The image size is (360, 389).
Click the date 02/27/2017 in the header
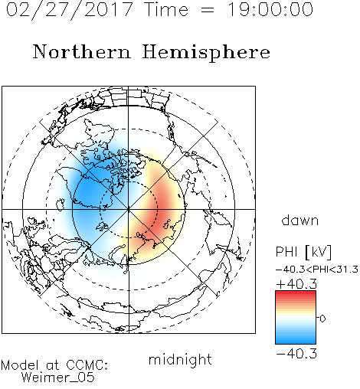(70, 10)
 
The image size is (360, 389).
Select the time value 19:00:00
(270, 9)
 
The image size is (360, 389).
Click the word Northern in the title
(81, 51)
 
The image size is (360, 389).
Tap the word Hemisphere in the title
(206, 53)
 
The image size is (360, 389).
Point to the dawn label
(300, 220)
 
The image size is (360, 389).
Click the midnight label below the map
(180, 359)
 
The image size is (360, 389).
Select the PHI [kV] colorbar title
(303, 252)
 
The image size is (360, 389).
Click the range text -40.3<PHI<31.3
(317, 270)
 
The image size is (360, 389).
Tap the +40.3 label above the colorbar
(296, 284)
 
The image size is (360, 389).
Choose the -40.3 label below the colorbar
(296, 354)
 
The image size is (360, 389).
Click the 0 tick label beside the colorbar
(322, 319)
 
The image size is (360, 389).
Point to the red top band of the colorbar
(296, 294)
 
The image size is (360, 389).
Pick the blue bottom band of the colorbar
(296, 341)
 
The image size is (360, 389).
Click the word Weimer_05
(58, 377)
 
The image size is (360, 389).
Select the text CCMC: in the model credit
(87, 365)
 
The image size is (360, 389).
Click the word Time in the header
(166, 10)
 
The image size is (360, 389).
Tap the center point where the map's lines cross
(129, 209)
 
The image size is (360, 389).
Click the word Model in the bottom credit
(20, 365)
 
